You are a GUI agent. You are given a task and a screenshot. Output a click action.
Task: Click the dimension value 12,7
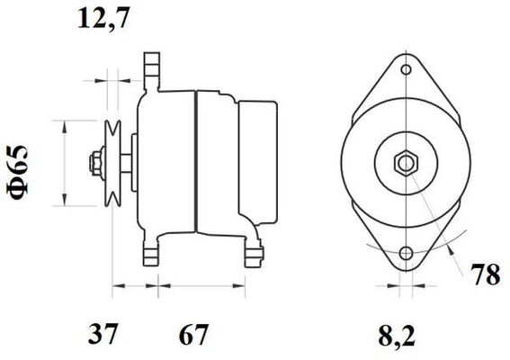(101, 19)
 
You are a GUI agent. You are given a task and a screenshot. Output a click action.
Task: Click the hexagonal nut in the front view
(407, 164)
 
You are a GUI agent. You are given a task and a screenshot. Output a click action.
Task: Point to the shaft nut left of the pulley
(94, 164)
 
